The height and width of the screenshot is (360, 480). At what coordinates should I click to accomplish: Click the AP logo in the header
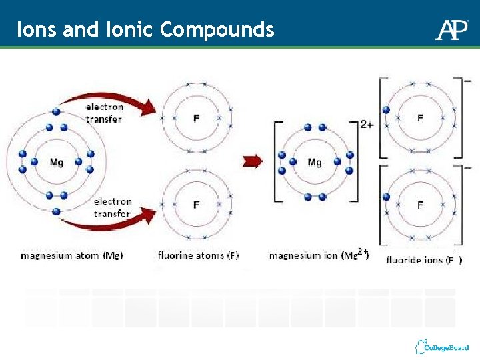tap(451, 29)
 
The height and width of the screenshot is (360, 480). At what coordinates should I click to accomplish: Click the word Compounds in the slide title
tap(217, 30)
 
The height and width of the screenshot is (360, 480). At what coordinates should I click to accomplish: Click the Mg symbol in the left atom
tap(57, 162)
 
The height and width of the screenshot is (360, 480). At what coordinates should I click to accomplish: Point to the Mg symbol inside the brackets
tap(315, 162)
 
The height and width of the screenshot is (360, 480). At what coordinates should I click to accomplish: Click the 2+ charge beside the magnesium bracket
tap(367, 124)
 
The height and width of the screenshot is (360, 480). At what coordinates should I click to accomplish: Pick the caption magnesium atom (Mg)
tap(71, 255)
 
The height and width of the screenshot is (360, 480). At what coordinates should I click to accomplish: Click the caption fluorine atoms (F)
tap(198, 255)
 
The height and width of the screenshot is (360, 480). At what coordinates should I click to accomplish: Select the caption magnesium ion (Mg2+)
tap(319, 255)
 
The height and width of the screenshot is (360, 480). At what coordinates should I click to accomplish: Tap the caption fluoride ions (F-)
tap(424, 259)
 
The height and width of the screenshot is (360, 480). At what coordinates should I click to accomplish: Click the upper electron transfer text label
tap(105, 113)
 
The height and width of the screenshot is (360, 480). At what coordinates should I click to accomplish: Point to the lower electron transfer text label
tap(113, 207)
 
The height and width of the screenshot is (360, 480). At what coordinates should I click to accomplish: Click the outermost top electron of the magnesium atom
tap(56, 111)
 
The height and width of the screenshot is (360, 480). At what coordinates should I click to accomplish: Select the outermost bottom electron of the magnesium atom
tap(56, 212)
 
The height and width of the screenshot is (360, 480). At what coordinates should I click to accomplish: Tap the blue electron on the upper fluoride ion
tap(385, 110)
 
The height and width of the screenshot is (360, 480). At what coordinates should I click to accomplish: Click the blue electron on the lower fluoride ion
tap(385, 197)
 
